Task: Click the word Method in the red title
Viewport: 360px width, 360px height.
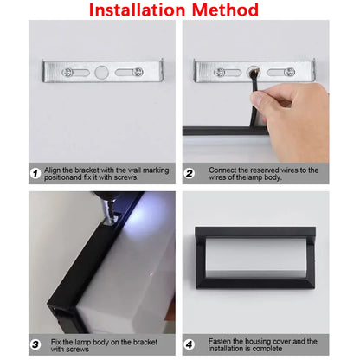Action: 223,10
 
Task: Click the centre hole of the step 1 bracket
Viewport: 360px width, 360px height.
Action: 104,72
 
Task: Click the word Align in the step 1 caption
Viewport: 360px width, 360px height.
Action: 55,170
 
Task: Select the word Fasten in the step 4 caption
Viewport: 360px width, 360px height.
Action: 213,342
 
